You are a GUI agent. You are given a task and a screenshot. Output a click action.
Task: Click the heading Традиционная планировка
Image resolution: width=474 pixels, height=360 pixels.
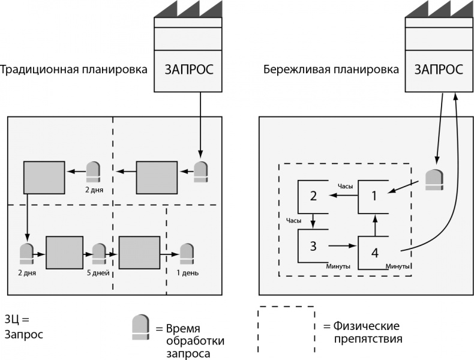(74, 69)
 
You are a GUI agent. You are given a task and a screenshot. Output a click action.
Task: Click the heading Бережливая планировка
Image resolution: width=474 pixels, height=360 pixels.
(331, 69)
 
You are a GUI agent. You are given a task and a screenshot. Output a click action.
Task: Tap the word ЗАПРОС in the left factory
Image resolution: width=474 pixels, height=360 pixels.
(189, 69)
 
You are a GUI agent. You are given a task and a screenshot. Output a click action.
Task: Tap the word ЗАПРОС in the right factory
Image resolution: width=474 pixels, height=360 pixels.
(439, 69)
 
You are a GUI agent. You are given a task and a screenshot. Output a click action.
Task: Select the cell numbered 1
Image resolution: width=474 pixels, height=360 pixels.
(374, 196)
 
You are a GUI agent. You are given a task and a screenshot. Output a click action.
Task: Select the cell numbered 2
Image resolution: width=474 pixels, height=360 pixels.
(313, 196)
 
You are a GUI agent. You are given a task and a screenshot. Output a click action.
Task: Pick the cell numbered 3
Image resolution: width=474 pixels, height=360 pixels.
(313, 245)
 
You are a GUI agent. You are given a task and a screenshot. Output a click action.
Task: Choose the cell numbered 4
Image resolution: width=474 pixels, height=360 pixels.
(374, 252)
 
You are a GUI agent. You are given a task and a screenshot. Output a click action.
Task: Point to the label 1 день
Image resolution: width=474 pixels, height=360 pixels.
(187, 273)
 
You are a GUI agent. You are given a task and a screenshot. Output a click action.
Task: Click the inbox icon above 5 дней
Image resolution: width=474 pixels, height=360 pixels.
(98, 254)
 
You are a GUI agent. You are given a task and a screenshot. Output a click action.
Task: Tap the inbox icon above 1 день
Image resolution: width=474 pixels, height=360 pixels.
(187, 253)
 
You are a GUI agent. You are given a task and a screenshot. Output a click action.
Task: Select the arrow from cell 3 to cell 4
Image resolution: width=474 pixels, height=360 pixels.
(343, 245)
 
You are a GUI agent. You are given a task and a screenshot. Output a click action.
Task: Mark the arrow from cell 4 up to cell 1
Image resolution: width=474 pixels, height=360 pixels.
(375, 225)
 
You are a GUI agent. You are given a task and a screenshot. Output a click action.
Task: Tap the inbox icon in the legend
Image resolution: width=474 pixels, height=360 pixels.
(140, 327)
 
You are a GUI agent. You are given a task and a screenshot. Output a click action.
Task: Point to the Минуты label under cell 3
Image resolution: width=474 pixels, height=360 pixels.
(338, 266)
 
